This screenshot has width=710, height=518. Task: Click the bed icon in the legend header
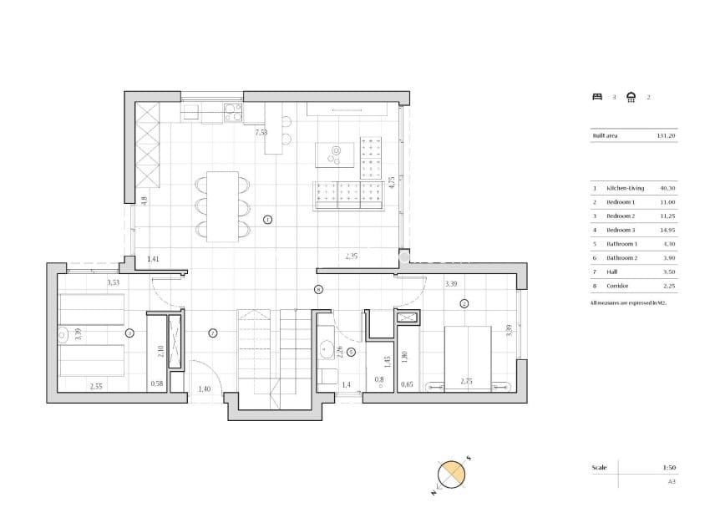pos(596,97)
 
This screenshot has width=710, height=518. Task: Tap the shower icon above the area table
pos(631,97)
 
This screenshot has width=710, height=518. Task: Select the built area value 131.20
pos(666,135)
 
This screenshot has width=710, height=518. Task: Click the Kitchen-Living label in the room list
pos(624,188)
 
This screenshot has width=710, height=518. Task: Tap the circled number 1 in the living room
pos(267,221)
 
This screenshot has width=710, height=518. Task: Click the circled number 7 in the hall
pos(213,333)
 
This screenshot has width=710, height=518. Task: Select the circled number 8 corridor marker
pos(318,290)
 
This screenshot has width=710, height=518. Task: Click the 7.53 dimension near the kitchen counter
pos(261,132)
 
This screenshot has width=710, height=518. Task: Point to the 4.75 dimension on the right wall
pos(391,184)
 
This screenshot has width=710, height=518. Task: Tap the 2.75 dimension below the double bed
pos(467,382)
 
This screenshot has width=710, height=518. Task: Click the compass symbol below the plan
pos(452,475)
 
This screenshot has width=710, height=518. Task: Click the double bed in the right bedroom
pos(467,351)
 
